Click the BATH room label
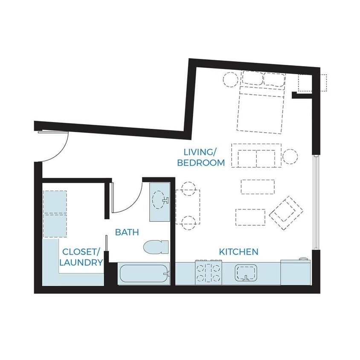(x=127, y=232)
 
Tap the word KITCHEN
(x=238, y=252)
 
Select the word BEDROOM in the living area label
(x=201, y=163)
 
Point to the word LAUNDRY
(x=81, y=262)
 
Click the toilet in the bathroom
(x=156, y=247)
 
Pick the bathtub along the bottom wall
(x=144, y=274)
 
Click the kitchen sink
(x=246, y=273)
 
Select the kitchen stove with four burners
(x=209, y=272)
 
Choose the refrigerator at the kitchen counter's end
(x=296, y=272)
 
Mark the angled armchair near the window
(x=286, y=213)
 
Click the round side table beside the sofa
(x=290, y=157)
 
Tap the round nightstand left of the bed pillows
(x=230, y=79)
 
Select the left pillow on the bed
(x=253, y=78)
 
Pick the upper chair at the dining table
(x=189, y=189)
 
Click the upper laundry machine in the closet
(x=55, y=202)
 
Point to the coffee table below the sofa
(x=258, y=187)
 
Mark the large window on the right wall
(x=316, y=202)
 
